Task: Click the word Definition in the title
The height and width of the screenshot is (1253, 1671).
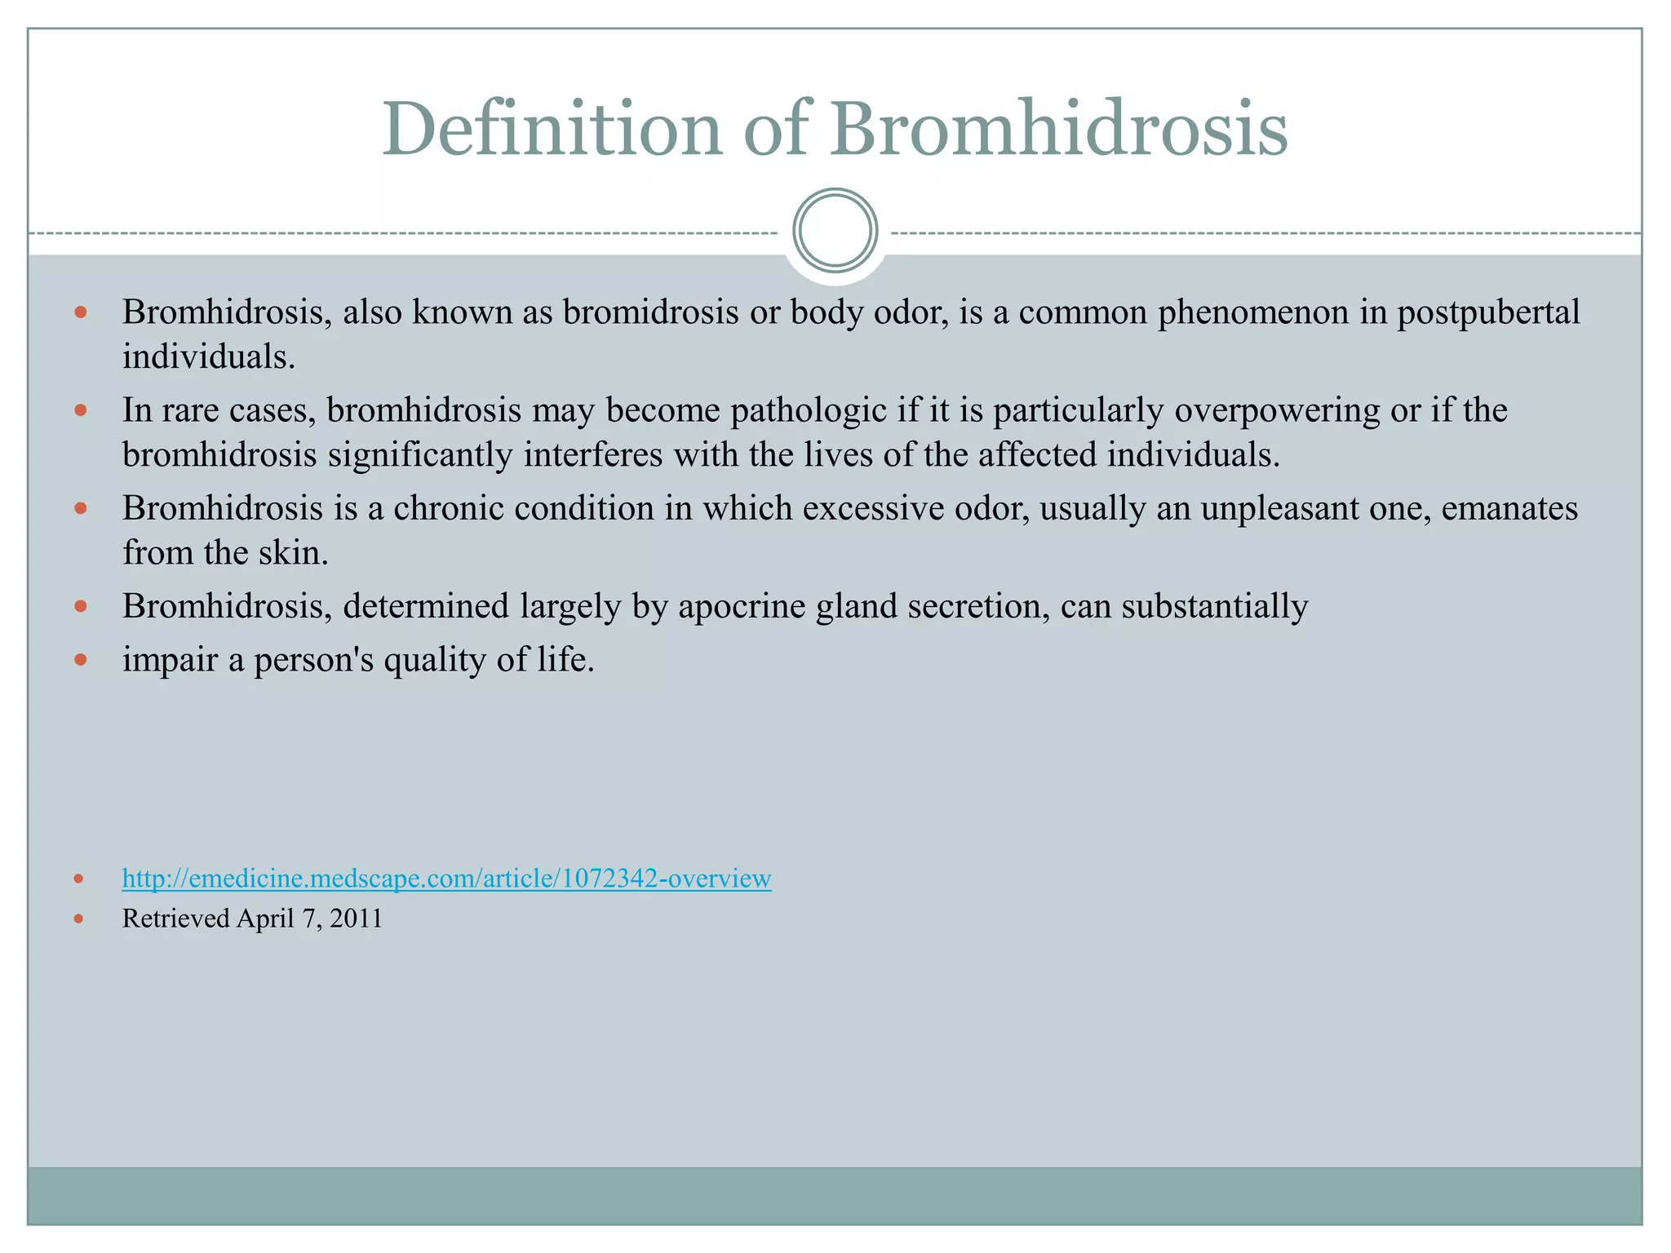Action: [552, 129]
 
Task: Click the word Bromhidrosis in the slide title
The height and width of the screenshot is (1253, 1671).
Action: [1058, 129]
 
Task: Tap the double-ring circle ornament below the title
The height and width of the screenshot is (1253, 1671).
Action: [835, 230]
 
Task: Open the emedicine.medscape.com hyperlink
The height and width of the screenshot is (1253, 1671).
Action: [446, 879]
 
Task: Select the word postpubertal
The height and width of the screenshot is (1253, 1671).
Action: [1488, 313]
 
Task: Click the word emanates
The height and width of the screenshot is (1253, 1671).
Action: [1509, 508]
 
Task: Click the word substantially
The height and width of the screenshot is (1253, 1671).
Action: [1215, 607]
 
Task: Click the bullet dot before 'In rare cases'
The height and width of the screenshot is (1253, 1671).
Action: [80, 410]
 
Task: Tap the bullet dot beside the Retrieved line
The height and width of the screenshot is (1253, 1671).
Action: [78, 919]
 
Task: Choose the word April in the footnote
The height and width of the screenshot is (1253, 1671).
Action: [266, 919]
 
